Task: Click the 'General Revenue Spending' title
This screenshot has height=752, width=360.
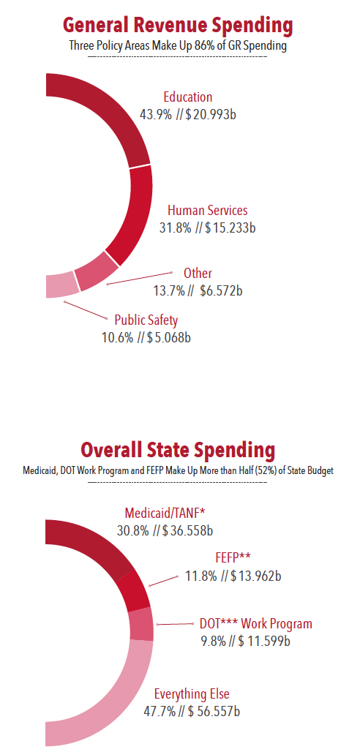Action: point(178,26)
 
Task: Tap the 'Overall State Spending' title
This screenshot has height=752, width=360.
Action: point(178,449)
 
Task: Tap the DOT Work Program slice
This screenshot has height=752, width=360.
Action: point(141,624)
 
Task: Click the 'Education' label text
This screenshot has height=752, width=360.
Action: point(188,97)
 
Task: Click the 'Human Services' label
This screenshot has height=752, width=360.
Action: point(208,211)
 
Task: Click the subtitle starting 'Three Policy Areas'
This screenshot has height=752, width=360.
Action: point(178,46)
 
